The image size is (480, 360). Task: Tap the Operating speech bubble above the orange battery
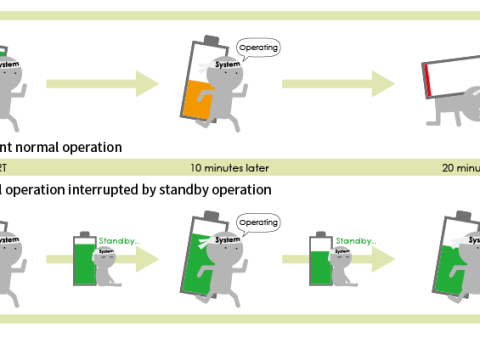(x=259, y=47)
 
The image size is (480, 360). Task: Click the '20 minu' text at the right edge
(x=462, y=167)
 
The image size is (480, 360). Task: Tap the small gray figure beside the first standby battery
(x=112, y=270)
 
